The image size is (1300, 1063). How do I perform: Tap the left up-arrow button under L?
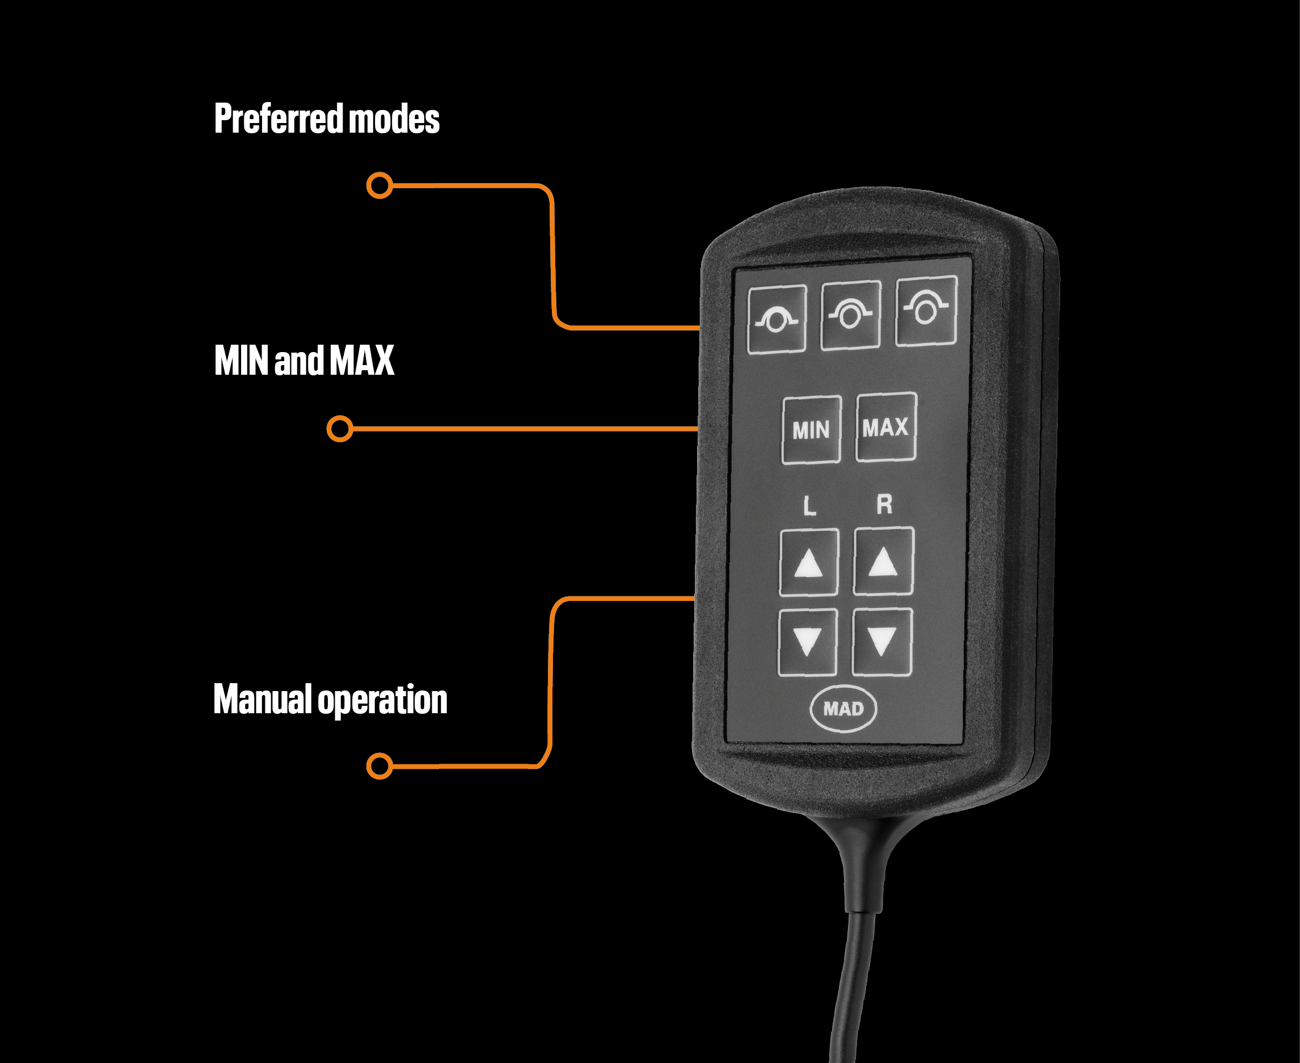click(809, 563)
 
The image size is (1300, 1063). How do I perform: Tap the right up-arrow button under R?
click(884, 561)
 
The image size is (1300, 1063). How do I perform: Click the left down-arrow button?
click(808, 642)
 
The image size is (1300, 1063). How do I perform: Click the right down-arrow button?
click(882, 642)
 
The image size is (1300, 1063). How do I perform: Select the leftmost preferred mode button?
click(777, 319)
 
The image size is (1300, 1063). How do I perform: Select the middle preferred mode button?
click(850, 315)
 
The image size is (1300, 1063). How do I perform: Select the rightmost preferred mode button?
click(926, 311)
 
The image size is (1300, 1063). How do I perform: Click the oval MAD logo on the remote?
click(843, 709)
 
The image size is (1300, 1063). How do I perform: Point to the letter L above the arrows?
click(809, 506)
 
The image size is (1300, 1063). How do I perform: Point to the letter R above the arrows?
click(884, 505)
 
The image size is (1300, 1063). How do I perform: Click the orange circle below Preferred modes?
click(379, 185)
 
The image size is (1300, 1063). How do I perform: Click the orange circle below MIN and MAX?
click(339, 429)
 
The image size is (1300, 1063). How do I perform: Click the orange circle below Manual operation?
click(379, 766)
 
